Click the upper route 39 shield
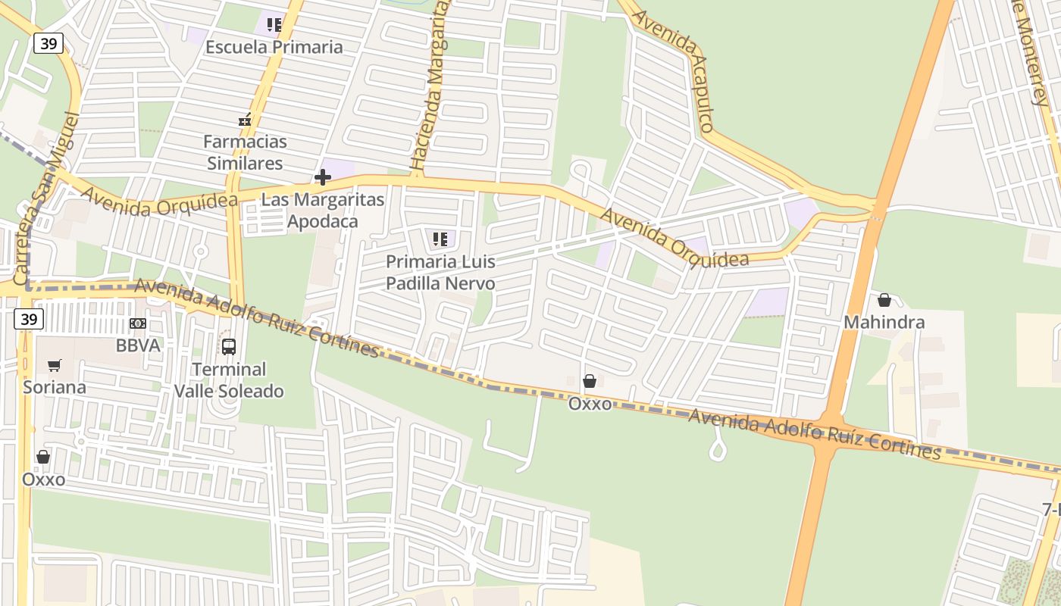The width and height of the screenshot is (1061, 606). tap(48, 44)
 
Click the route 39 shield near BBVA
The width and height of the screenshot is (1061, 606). tap(28, 319)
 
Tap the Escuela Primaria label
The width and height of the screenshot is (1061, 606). tap(274, 47)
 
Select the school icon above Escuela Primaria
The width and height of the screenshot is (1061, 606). tap(274, 25)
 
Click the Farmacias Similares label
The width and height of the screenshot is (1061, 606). tap(245, 152)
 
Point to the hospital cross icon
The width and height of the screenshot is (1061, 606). tap(323, 178)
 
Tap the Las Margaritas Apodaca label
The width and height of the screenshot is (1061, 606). tap(322, 211)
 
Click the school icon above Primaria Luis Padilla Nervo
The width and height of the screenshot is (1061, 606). tap(440, 240)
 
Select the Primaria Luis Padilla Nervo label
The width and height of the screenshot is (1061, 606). tap(440, 273)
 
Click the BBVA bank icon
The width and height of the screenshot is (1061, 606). tap(138, 323)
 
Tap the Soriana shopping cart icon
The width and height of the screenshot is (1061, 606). tap(54, 366)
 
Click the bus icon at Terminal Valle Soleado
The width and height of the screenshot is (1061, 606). tap(229, 347)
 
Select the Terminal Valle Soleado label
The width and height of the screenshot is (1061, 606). tap(229, 380)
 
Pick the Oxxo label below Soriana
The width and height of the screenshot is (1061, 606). tap(43, 479)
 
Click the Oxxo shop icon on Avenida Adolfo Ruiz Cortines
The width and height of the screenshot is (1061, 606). tap(590, 381)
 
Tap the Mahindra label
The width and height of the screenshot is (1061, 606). tap(884, 323)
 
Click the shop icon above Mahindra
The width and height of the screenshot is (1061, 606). tap(884, 300)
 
